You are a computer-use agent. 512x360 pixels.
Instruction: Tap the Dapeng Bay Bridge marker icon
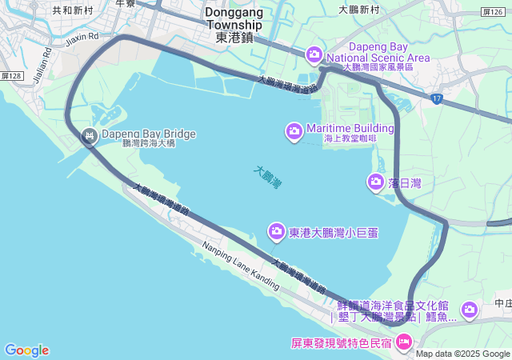[89, 136]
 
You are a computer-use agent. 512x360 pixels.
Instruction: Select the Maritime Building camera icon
[294, 130]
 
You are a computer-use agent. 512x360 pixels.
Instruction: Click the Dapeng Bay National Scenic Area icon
[314, 54]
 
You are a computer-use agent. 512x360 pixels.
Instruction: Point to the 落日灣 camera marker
[375, 182]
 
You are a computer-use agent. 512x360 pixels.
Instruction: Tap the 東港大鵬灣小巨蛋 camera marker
[276, 232]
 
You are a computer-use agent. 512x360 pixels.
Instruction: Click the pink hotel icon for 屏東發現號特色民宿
[404, 343]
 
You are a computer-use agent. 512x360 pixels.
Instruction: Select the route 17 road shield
[436, 98]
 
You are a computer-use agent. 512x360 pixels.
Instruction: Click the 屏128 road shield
[12, 74]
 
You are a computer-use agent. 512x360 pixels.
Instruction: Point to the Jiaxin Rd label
[82, 37]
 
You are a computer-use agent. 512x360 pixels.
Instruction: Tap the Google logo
[26, 350]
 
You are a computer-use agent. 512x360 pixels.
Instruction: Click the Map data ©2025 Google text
[462, 354]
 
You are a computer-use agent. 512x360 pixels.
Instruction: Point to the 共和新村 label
[73, 10]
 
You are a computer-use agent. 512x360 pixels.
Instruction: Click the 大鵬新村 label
[358, 10]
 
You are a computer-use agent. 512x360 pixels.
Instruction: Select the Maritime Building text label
[350, 128]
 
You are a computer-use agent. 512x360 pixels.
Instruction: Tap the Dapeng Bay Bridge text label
[148, 134]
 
